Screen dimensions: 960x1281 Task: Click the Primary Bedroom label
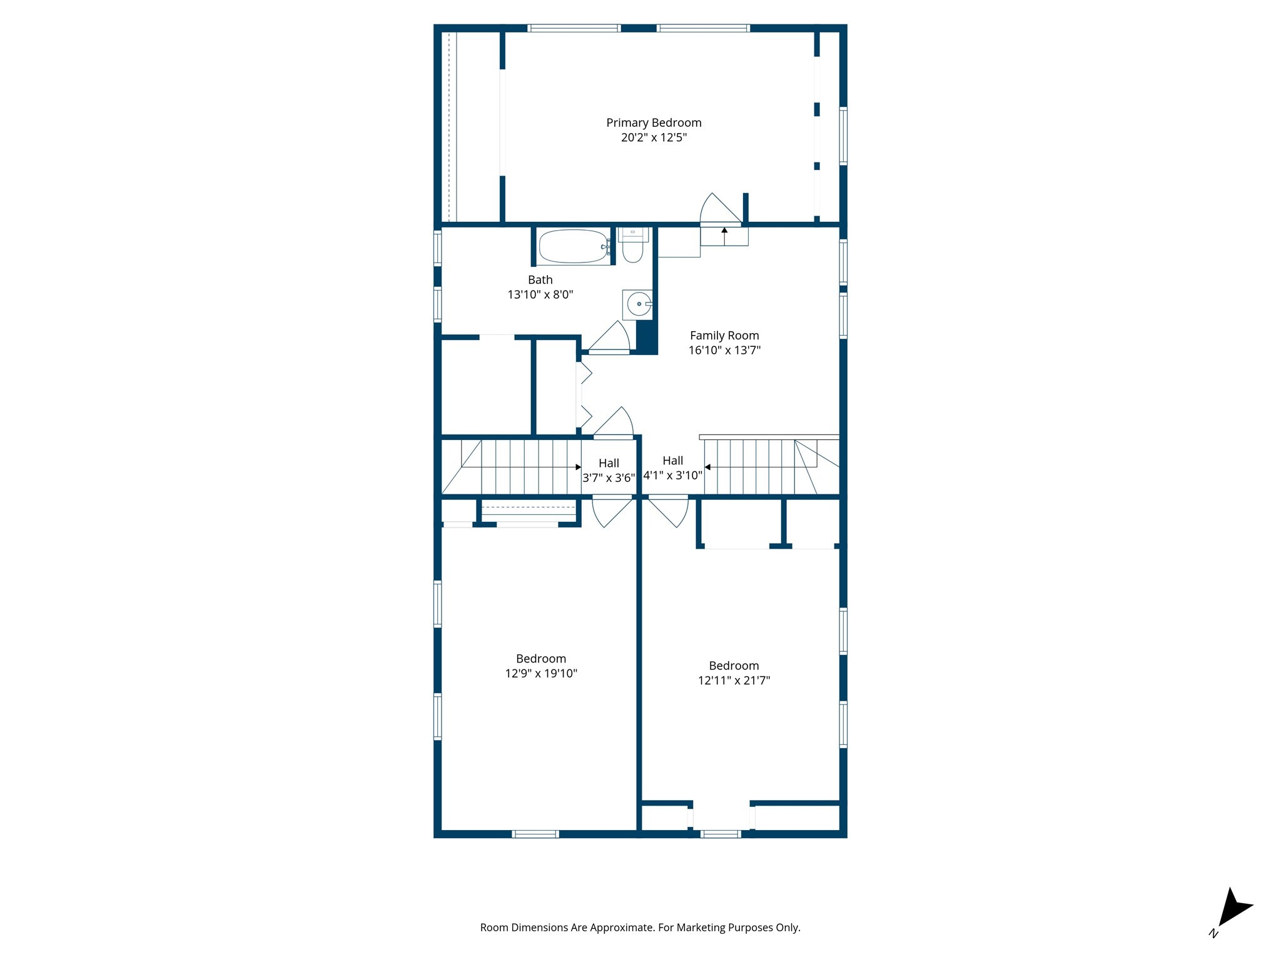coord(654,123)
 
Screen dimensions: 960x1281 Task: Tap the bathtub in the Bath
coord(573,247)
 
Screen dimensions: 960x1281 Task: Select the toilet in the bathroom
coord(632,250)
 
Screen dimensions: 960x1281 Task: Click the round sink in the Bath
coord(638,305)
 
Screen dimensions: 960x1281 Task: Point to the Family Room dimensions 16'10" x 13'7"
coord(724,351)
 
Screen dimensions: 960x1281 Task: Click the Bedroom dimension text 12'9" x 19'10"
coord(541,674)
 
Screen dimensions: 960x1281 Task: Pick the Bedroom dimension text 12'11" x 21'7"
coord(734,681)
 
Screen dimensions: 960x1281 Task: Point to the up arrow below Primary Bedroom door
coord(724,231)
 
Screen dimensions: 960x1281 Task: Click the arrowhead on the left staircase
coord(578,467)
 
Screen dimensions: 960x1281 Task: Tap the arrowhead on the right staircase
coord(707,467)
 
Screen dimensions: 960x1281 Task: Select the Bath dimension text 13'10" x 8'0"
coord(540,294)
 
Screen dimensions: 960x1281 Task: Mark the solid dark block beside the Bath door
coord(646,337)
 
